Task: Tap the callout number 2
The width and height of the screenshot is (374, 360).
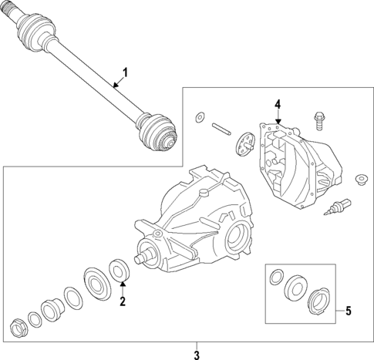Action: (122, 301)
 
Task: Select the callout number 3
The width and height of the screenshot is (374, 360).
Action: (197, 355)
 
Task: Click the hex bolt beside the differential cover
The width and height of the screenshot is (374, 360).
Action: (318, 120)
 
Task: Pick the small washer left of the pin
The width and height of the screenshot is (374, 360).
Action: (200, 116)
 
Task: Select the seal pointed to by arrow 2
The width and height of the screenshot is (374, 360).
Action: (120, 271)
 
